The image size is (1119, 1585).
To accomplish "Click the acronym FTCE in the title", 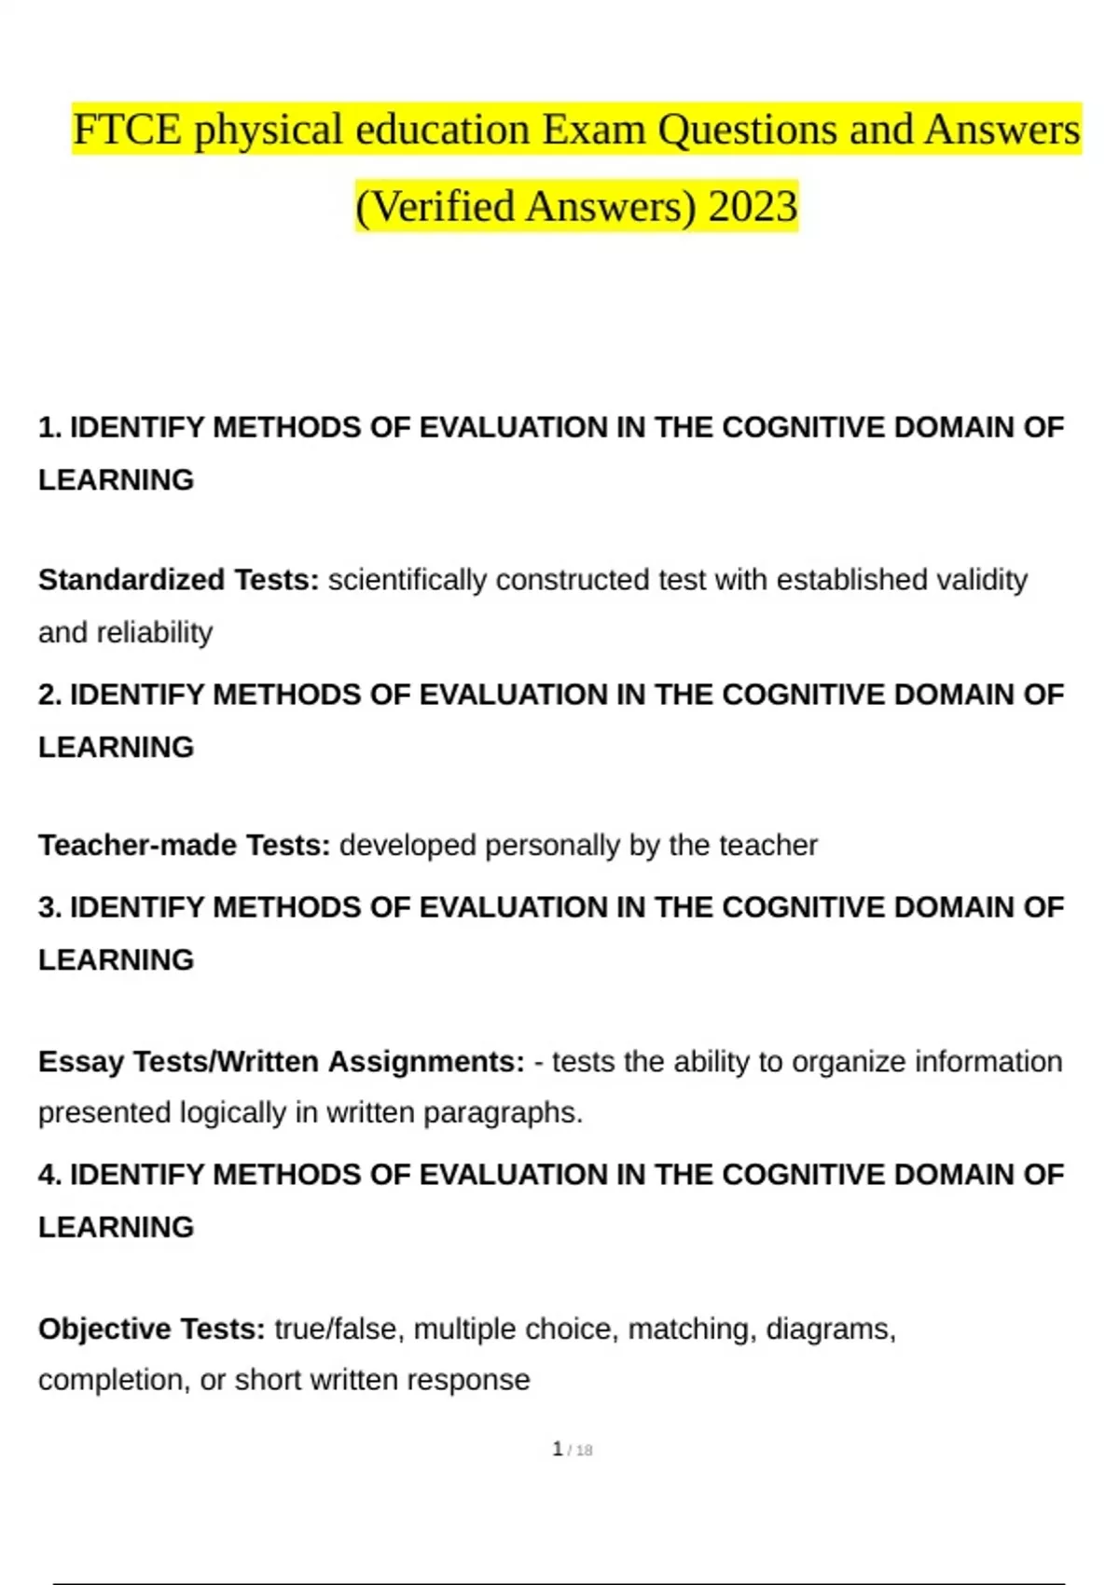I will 127,130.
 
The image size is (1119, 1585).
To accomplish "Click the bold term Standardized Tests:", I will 178,580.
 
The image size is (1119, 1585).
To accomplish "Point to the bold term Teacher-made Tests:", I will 184,846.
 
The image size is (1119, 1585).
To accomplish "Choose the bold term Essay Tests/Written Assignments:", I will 281,1062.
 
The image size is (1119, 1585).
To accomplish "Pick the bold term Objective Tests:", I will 152,1329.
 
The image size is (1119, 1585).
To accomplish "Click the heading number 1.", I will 48,428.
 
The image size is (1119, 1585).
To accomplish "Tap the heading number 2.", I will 48,695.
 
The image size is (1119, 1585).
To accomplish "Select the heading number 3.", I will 48,907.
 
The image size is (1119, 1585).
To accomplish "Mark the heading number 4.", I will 48,1175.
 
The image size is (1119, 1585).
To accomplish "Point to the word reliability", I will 155,633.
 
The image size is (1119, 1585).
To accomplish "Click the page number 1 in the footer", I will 558,1449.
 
